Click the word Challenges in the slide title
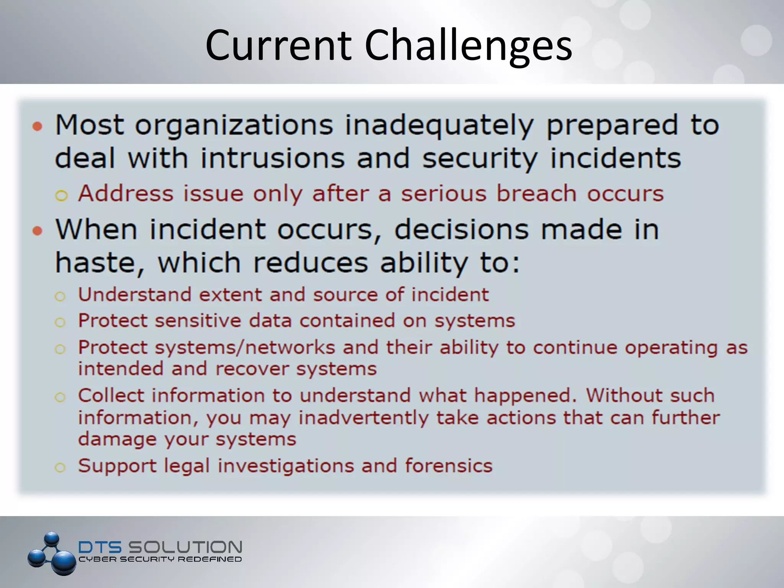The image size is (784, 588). pyautogui.click(x=468, y=46)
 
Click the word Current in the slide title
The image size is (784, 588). pyautogui.click(x=278, y=46)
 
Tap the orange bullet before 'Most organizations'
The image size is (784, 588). pyautogui.click(x=37, y=126)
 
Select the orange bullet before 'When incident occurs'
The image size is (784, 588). pyautogui.click(x=37, y=231)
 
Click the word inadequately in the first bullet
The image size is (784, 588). pyautogui.click(x=439, y=126)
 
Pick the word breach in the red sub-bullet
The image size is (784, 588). pyautogui.click(x=536, y=194)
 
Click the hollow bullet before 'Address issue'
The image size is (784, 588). pyautogui.click(x=61, y=196)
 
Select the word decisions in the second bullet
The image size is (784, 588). pyautogui.click(x=461, y=230)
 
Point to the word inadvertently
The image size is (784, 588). pyautogui.click(x=363, y=418)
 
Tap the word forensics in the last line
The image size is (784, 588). pyautogui.click(x=448, y=466)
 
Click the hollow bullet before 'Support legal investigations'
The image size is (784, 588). pyautogui.click(x=60, y=467)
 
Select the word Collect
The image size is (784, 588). pyautogui.click(x=111, y=395)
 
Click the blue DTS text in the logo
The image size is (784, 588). pyautogui.click(x=100, y=547)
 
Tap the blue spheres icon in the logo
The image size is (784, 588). pyautogui.click(x=52, y=554)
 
